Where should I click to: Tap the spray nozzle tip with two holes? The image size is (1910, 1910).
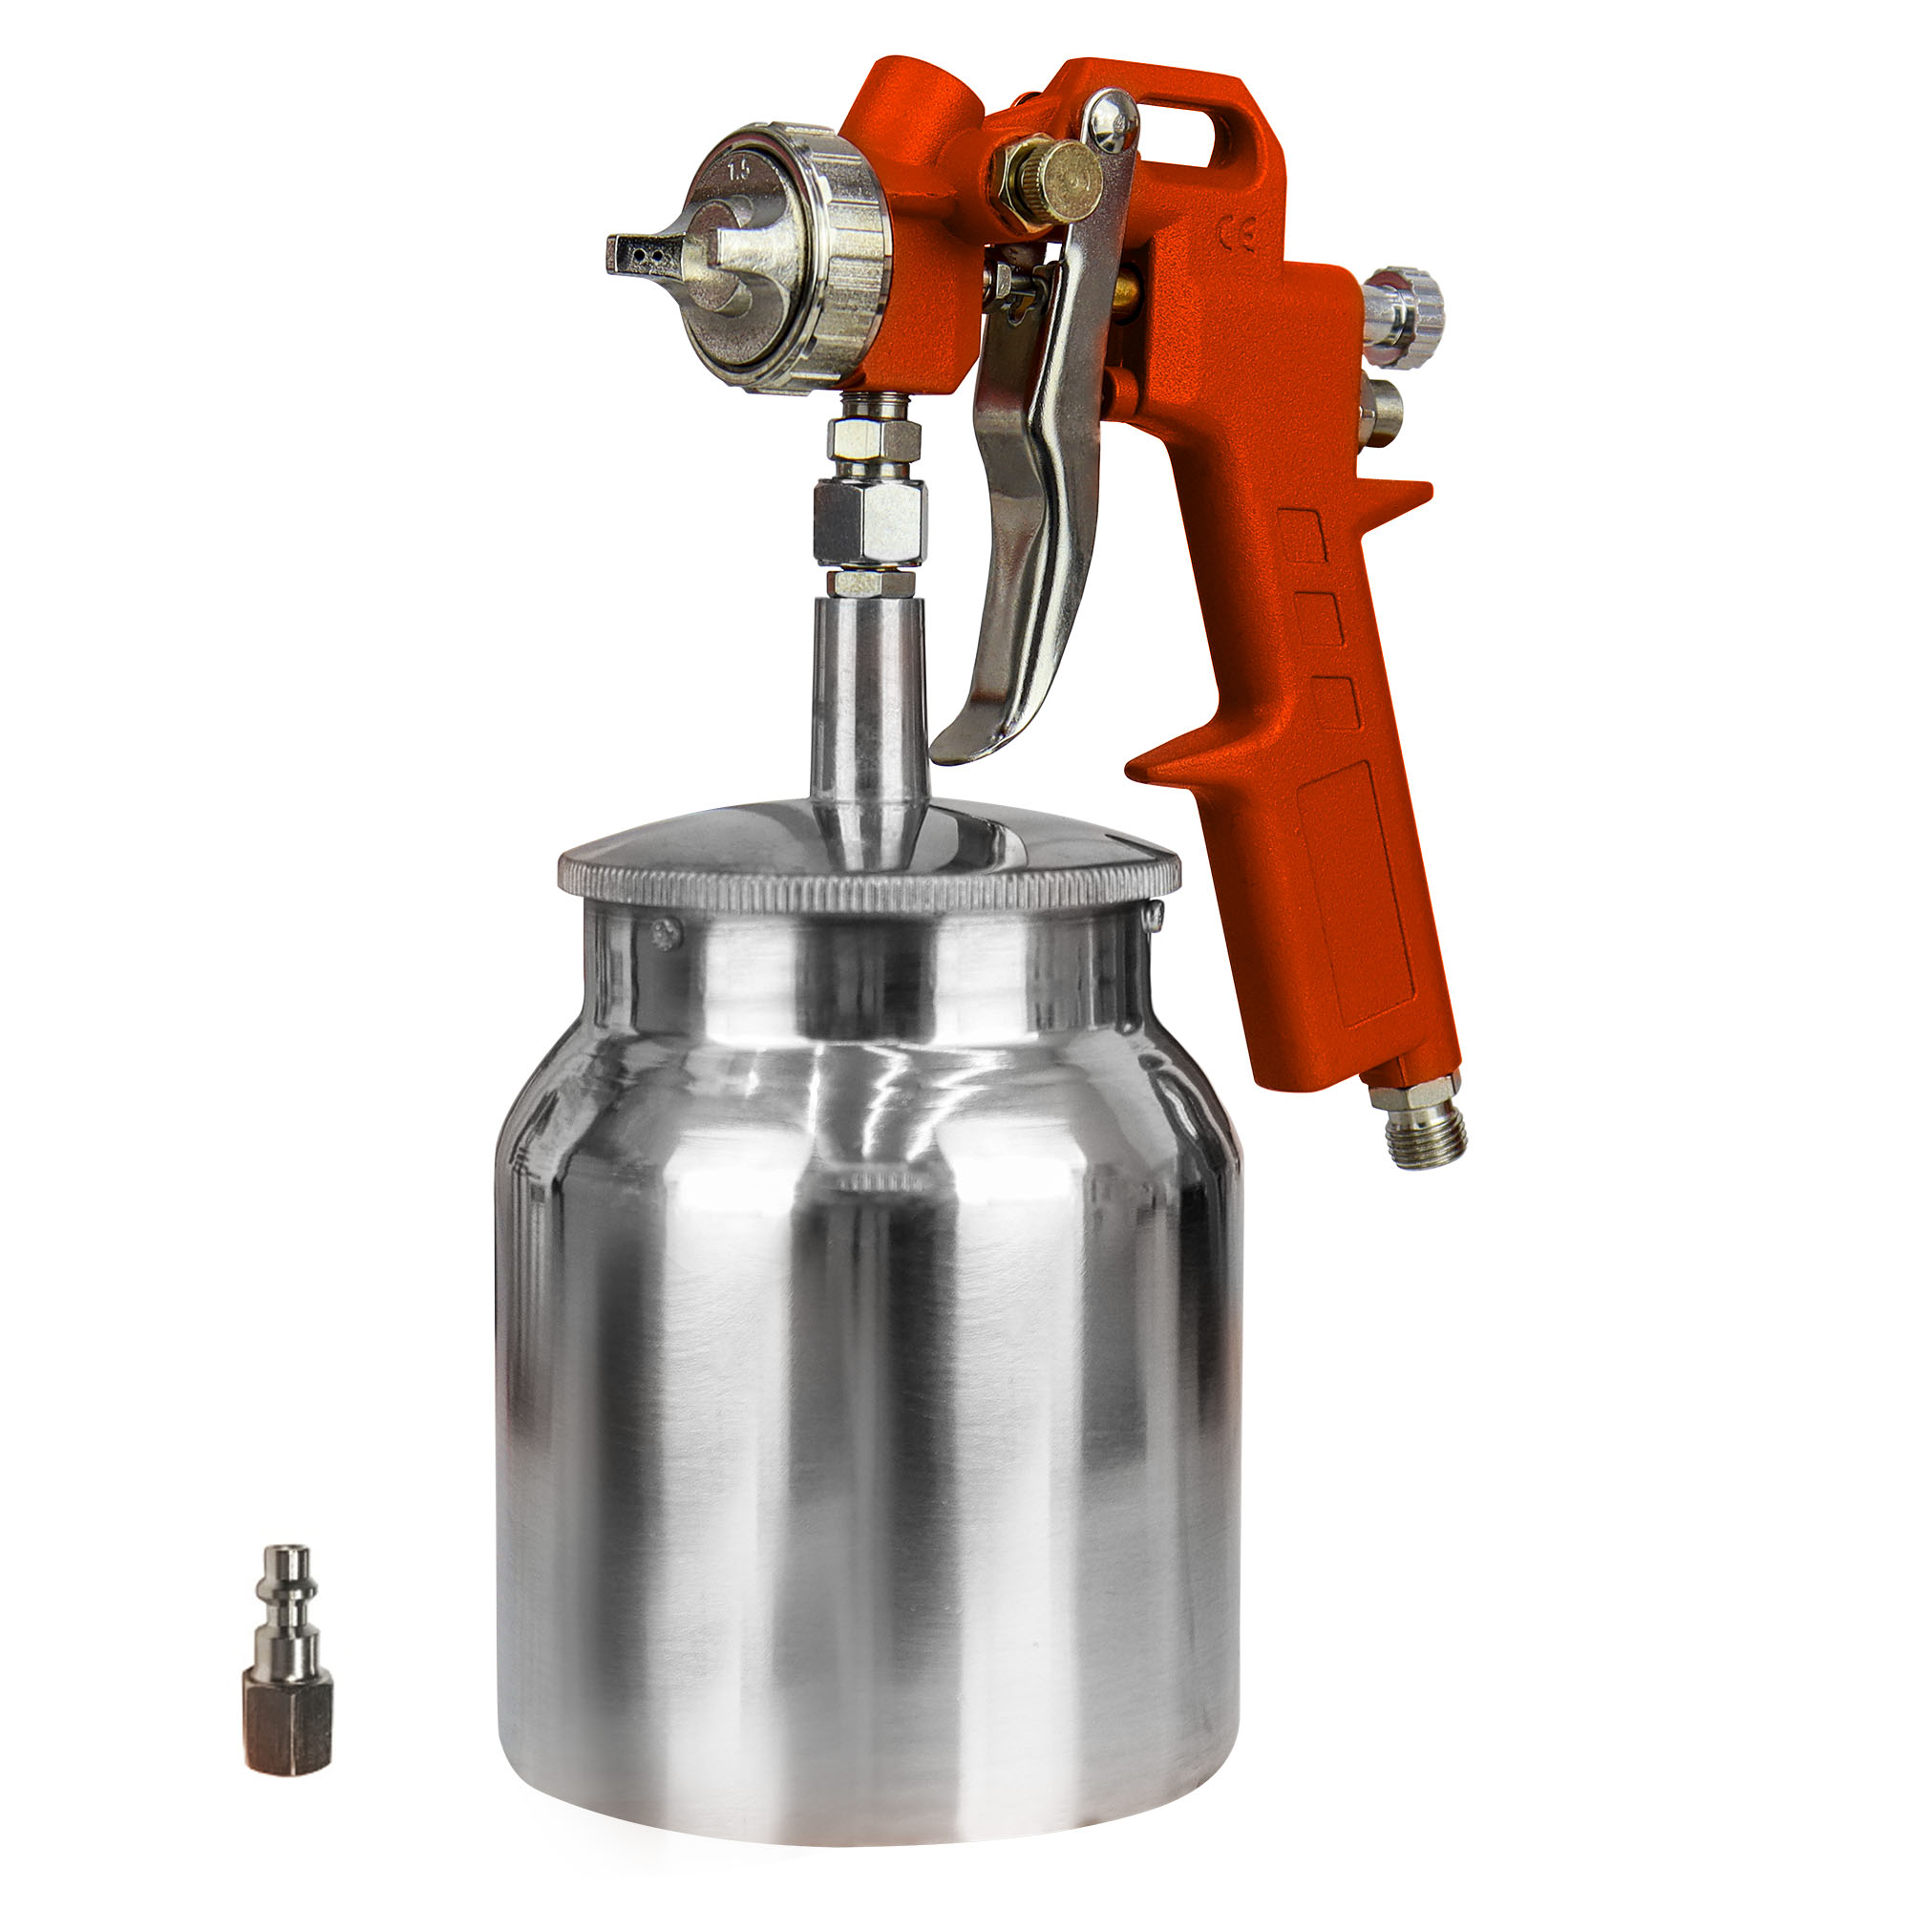(644, 254)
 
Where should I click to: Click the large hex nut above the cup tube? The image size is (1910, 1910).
(870, 519)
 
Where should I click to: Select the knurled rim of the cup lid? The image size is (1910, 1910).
(870, 885)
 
